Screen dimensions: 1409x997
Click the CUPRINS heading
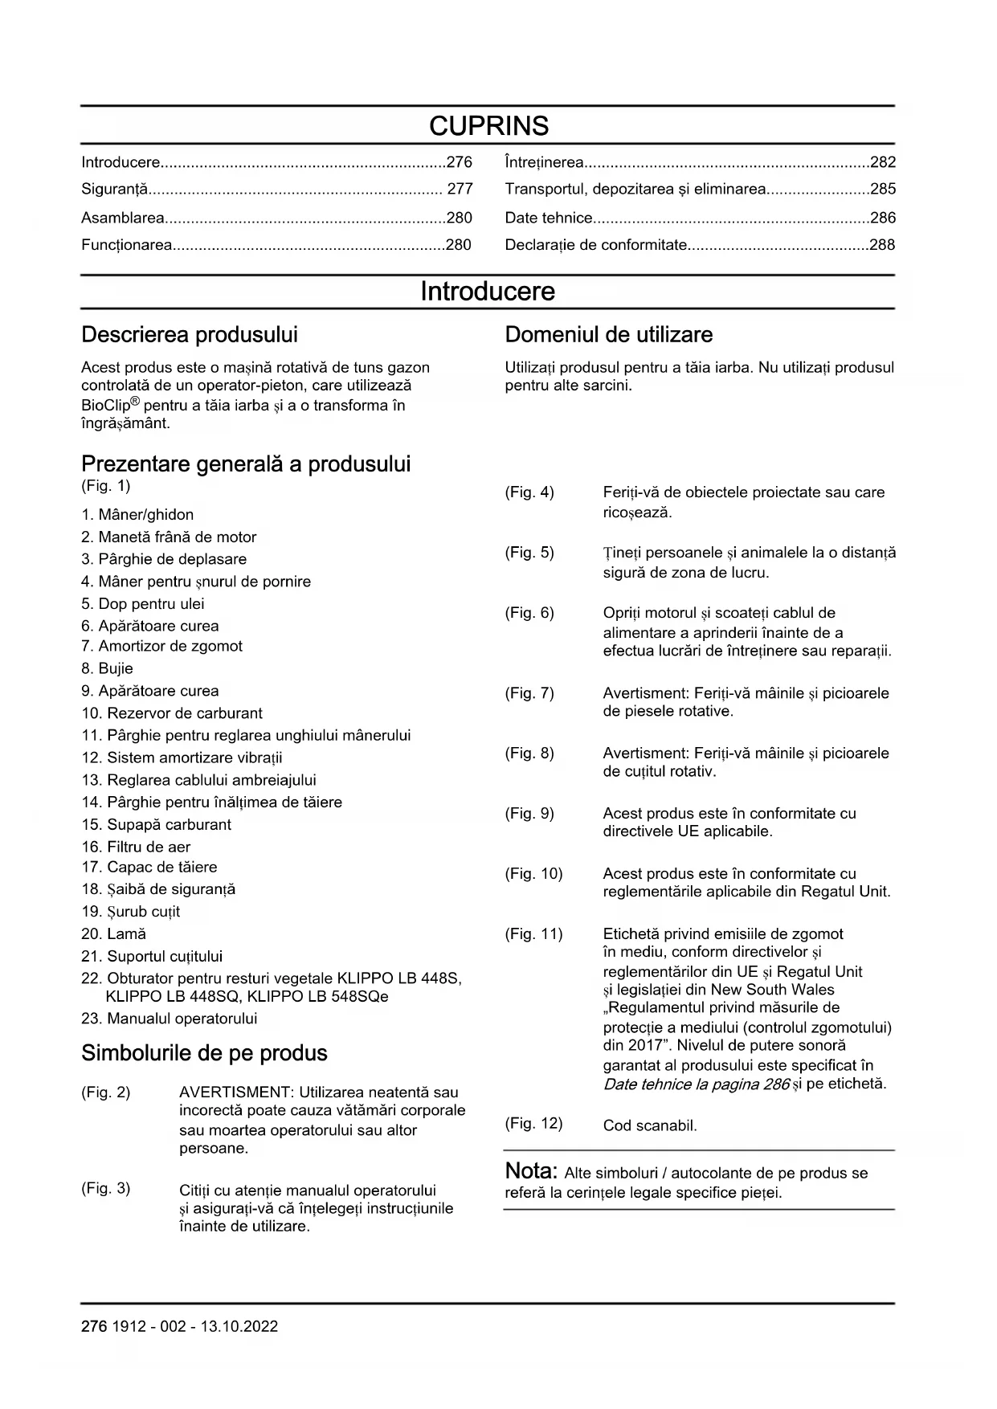point(488,126)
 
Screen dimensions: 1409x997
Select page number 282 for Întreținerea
point(882,162)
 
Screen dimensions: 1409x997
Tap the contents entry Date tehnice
point(549,218)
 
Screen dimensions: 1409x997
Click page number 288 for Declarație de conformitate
point(882,245)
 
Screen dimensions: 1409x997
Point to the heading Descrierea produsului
point(190,335)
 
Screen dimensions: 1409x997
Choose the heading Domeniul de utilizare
point(608,335)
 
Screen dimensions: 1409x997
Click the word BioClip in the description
point(105,406)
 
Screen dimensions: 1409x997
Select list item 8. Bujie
point(107,668)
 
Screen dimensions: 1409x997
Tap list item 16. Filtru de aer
point(136,847)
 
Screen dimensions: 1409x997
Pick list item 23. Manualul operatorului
point(169,1019)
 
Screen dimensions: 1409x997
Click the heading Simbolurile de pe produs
point(204,1053)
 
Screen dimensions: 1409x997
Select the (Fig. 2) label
point(105,1092)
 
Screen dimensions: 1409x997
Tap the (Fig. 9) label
point(529,814)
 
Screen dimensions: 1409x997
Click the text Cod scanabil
point(650,1125)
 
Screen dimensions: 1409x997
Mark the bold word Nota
point(531,1171)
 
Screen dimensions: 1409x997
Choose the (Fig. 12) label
point(533,1123)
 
